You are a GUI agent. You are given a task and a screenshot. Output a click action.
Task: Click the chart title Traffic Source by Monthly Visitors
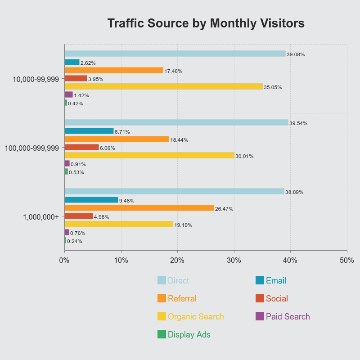(206, 23)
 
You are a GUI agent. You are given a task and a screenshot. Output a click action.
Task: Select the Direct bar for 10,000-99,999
(175, 54)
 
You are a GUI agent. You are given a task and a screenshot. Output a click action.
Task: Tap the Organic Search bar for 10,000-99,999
(163, 86)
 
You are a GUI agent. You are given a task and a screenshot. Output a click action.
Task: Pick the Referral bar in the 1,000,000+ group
(139, 208)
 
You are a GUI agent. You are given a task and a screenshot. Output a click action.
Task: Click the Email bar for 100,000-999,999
(89, 131)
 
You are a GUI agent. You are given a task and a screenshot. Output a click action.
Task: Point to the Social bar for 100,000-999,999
(81, 147)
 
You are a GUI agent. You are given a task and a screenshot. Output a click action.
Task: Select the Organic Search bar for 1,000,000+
(119, 224)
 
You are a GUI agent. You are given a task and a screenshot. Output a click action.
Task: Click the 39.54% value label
(298, 123)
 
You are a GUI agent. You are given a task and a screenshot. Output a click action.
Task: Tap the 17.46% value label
(173, 71)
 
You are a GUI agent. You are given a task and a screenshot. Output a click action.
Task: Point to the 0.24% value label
(75, 241)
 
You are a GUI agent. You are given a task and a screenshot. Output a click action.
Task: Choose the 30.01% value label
(244, 156)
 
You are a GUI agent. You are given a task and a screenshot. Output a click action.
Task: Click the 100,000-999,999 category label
(31, 148)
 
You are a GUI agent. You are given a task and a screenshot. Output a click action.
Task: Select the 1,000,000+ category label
(41, 217)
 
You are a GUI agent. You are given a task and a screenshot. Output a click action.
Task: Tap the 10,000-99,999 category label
(36, 79)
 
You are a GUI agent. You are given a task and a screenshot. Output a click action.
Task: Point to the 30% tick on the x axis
(234, 260)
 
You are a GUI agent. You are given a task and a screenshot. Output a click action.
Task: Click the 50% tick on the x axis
(346, 260)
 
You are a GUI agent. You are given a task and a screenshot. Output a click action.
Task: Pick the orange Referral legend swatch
(162, 298)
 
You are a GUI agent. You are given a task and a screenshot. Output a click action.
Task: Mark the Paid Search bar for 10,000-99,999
(68, 94)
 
